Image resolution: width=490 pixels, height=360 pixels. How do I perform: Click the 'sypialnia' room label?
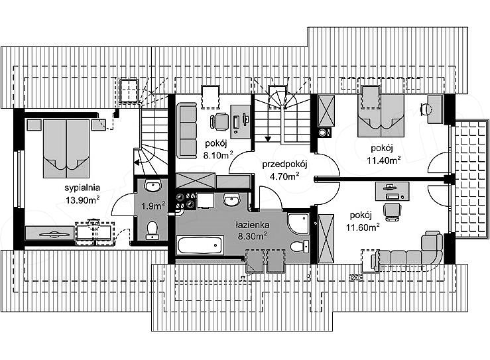[82, 188]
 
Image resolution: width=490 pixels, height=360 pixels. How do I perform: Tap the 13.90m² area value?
[82, 200]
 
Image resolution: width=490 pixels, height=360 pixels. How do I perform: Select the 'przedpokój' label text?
[285, 165]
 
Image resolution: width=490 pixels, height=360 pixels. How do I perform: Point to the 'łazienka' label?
[253, 225]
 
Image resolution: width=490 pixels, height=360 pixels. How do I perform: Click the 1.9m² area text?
[153, 206]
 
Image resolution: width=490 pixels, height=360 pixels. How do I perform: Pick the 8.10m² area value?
[218, 154]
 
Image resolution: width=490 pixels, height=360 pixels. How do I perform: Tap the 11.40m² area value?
[384, 160]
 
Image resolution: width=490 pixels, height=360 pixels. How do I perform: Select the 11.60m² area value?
[363, 227]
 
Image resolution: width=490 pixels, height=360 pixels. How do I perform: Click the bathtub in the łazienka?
[201, 245]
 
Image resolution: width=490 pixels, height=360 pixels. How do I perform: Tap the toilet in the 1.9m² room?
[153, 230]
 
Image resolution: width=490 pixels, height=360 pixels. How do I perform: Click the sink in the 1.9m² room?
[153, 186]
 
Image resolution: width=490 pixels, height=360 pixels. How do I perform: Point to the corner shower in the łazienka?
[298, 223]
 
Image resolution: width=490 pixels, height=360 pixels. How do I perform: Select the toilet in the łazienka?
[300, 246]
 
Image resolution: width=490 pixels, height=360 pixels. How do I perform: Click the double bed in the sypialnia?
[66, 148]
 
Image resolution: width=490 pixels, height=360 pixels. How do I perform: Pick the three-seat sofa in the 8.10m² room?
[186, 131]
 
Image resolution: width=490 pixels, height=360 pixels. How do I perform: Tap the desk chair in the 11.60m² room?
[392, 210]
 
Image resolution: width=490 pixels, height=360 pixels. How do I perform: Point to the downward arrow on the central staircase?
[267, 131]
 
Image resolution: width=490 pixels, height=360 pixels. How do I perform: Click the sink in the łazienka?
[231, 200]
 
